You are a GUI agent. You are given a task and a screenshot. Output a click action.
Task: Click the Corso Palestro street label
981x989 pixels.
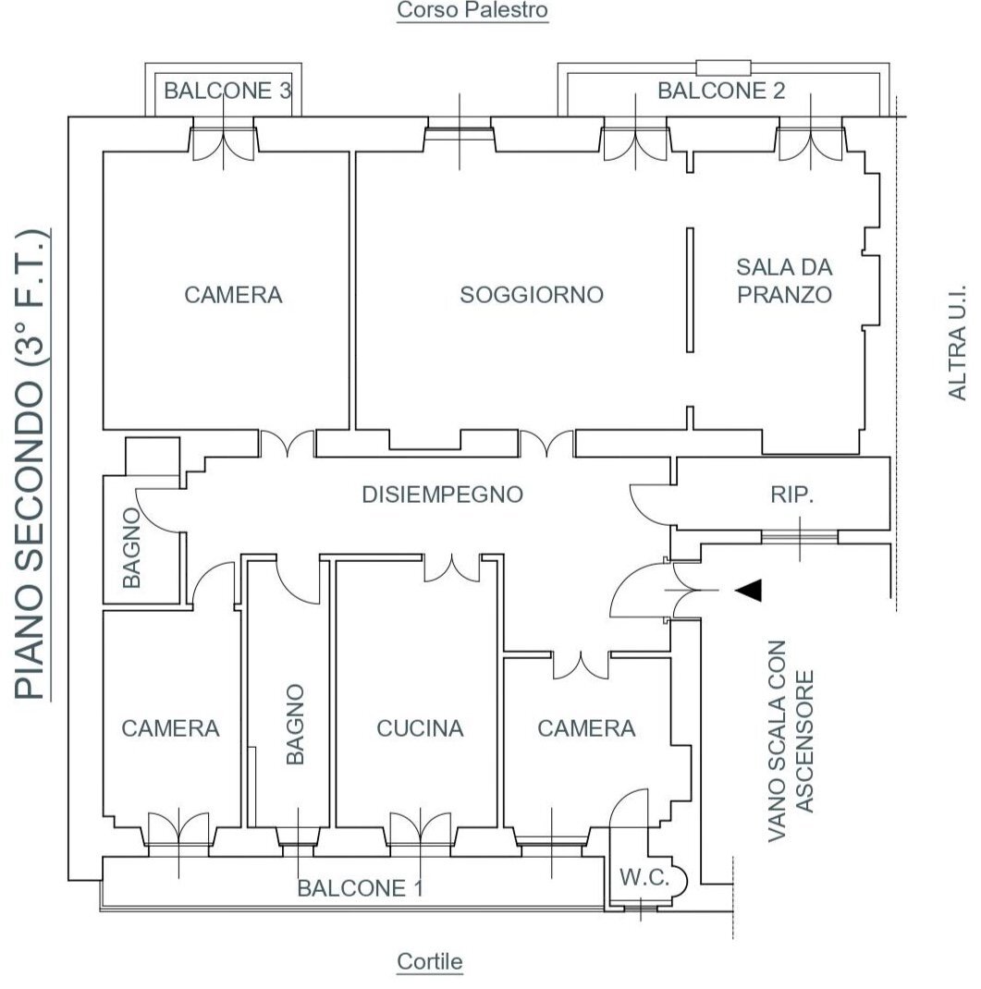pos(472,11)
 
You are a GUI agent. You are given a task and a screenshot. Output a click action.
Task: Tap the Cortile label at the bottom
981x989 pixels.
pos(430,961)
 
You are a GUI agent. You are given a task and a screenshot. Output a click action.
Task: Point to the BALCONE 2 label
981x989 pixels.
pos(721,91)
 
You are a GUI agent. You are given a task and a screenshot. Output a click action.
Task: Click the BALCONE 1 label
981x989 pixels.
pos(360,888)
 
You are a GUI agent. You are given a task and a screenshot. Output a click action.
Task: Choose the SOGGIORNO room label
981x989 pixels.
pos(532,295)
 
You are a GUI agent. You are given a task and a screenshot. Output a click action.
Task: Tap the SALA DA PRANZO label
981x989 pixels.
pos(784,281)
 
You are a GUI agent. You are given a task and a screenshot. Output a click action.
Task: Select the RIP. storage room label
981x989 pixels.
pos(792,494)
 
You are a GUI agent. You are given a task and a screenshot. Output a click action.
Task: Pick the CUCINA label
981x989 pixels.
pos(420,728)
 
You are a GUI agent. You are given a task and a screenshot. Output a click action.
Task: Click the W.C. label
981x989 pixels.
pos(644,878)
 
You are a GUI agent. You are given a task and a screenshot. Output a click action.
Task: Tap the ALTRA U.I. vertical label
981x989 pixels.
pos(957,342)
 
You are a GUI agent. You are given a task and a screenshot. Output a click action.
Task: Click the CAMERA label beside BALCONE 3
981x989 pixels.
pos(233,295)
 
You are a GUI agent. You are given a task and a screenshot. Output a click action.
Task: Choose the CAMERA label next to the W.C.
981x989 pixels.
pos(586,728)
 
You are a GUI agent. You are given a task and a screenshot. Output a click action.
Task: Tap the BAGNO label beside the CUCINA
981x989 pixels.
pos(295,725)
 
